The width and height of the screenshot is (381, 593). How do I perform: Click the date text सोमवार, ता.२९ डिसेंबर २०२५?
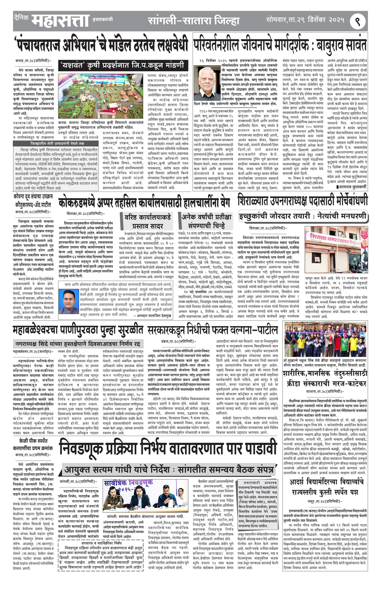305,20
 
